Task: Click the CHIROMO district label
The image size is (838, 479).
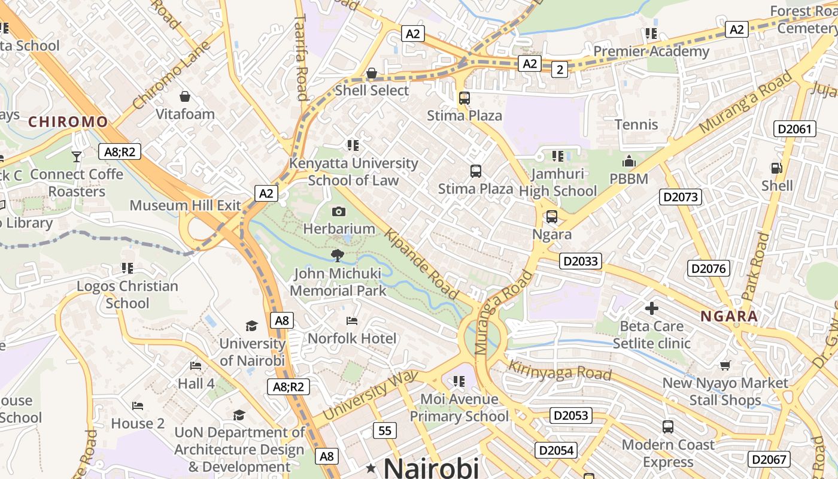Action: (x=68, y=122)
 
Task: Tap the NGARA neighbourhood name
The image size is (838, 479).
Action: (x=729, y=316)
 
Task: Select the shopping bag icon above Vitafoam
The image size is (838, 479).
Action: (x=185, y=96)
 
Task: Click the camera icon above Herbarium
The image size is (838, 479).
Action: (x=339, y=211)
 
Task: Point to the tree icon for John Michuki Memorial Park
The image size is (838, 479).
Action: (x=338, y=256)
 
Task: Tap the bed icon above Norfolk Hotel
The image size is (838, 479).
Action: (x=352, y=322)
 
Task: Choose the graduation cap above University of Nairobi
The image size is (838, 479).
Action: (x=251, y=326)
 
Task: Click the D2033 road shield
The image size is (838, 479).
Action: (x=581, y=261)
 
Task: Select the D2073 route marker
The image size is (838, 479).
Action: (x=681, y=197)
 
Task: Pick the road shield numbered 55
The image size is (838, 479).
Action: (x=384, y=430)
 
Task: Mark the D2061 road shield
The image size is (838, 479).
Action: (x=795, y=129)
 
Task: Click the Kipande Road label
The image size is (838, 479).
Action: (x=423, y=263)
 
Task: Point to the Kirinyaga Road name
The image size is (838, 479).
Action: (x=559, y=366)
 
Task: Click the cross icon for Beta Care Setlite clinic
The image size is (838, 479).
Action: (x=652, y=309)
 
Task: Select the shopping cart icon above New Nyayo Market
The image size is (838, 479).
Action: (x=725, y=365)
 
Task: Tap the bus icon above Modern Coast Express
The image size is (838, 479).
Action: (x=668, y=427)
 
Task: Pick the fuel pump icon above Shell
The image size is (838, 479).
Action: (x=776, y=168)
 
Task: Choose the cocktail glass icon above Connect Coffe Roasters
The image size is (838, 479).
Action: (x=77, y=157)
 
